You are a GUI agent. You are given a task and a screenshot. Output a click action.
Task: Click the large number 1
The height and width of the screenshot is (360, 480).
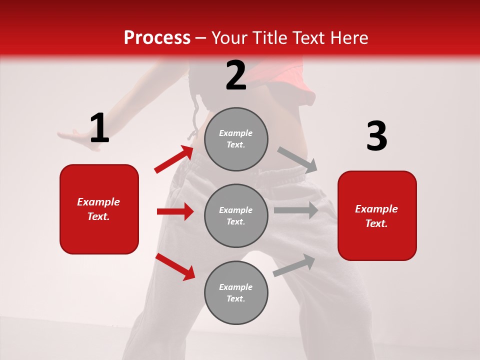point(99,128)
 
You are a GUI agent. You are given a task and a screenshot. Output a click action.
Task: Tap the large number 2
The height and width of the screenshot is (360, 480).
point(236,75)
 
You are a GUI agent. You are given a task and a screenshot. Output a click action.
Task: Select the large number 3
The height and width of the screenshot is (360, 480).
point(376,136)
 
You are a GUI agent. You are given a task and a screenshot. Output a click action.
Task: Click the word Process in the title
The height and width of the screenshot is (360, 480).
point(157,37)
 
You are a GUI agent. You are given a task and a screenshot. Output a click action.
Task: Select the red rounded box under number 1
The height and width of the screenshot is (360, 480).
point(99,209)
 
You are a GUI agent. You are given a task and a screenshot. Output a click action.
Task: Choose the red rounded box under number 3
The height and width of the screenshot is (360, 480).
point(377,215)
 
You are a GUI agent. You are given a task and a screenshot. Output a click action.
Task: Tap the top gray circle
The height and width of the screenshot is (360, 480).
point(236,139)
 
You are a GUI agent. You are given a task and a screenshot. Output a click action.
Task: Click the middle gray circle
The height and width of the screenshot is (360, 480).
point(236,215)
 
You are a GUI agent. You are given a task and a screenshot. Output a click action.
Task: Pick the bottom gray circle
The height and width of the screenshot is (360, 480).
point(236,292)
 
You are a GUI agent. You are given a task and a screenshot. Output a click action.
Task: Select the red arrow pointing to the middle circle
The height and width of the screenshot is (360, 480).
point(175,211)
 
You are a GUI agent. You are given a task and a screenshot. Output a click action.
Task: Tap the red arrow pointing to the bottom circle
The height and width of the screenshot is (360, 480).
point(175,266)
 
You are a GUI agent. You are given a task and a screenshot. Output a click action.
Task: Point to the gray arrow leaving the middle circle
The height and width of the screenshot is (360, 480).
point(296,210)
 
